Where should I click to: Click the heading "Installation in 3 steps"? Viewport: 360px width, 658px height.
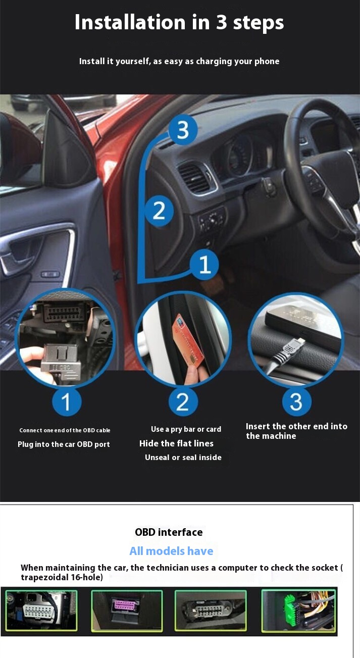point(179,23)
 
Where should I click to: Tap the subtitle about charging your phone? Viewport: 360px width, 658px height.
point(179,61)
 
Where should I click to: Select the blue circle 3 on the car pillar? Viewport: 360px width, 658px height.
point(182,130)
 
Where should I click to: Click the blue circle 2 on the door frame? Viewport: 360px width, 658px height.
point(159,210)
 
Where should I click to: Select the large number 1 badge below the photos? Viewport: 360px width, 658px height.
point(67,402)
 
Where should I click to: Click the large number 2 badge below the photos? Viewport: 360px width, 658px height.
point(182,402)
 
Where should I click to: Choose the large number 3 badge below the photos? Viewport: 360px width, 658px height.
point(296,402)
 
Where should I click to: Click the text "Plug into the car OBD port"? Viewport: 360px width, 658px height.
point(64,444)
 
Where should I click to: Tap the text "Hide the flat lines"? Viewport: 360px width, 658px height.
point(176,443)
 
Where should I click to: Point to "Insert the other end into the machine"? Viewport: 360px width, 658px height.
point(296,431)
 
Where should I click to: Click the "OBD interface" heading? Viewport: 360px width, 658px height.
point(169,532)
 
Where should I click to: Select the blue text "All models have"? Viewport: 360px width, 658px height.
point(171,551)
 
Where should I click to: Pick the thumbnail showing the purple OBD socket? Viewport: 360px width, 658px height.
point(127,610)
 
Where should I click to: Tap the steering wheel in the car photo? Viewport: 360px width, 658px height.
point(323,167)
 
